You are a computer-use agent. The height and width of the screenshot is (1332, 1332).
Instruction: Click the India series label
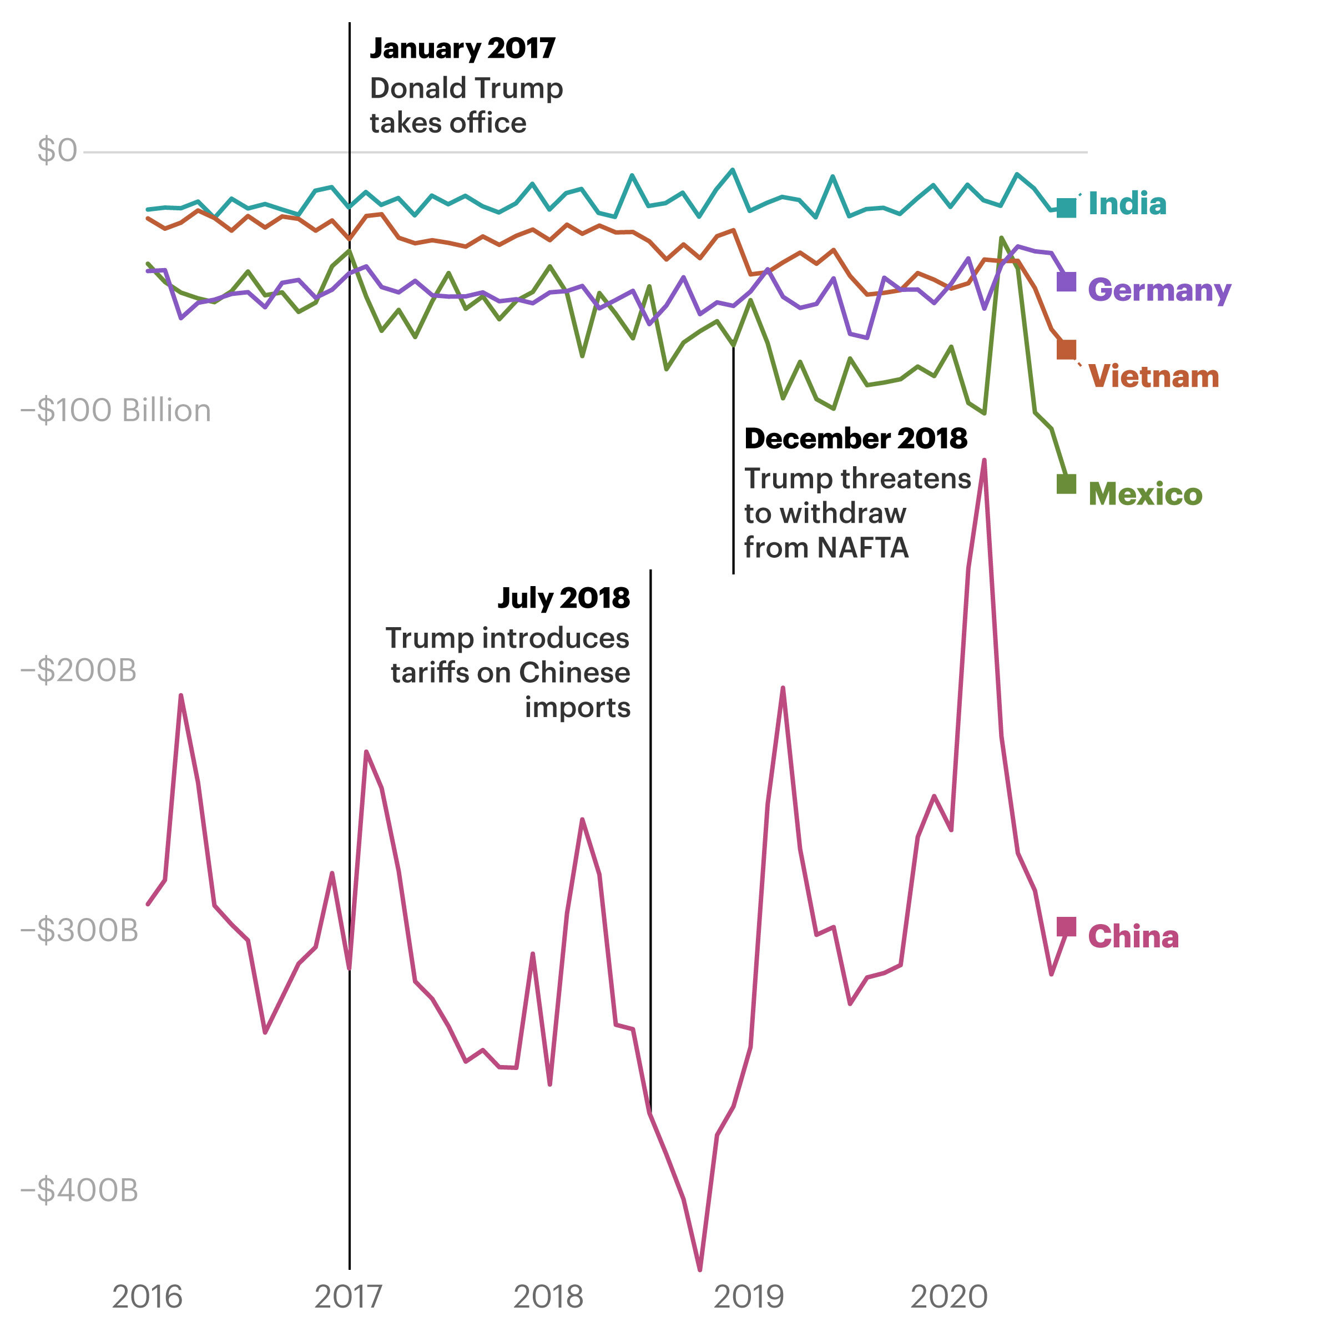[1127, 204]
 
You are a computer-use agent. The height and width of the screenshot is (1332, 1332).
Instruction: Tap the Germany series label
[1158, 290]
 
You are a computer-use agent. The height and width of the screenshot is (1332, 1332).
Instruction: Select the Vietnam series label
[1153, 376]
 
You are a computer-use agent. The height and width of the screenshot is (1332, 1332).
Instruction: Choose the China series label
[1133, 937]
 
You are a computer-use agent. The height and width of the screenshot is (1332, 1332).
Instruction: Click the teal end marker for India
[1066, 208]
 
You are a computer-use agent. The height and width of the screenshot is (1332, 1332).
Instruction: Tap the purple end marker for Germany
[1066, 281]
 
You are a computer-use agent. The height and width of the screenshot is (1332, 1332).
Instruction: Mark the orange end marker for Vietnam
[1066, 350]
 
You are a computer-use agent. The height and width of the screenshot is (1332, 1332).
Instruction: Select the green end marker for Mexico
[1066, 484]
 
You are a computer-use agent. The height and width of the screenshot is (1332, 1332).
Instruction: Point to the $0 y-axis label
[57, 150]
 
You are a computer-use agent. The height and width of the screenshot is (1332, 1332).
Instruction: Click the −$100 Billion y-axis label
[116, 410]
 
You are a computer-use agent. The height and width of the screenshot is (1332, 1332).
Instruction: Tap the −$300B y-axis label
[79, 931]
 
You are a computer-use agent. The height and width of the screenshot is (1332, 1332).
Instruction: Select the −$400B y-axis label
[79, 1190]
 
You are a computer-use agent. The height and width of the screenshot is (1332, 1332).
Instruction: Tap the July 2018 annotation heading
[563, 598]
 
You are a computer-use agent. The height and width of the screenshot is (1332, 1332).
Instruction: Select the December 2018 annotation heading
[856, 438]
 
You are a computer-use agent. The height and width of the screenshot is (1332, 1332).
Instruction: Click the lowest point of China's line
[700, 1269]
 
